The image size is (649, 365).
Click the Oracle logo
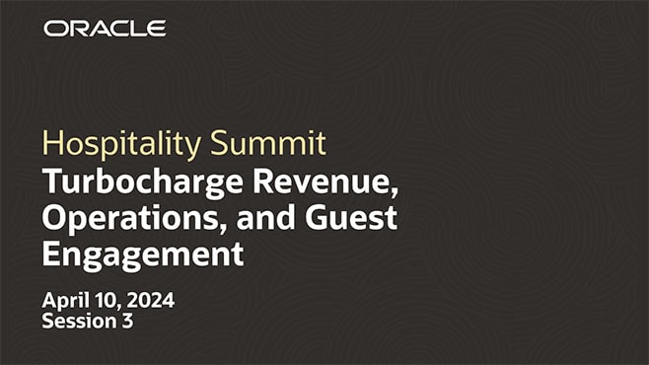105,28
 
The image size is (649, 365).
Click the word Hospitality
123,145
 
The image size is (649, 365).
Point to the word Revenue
321,182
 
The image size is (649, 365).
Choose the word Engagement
142,254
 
